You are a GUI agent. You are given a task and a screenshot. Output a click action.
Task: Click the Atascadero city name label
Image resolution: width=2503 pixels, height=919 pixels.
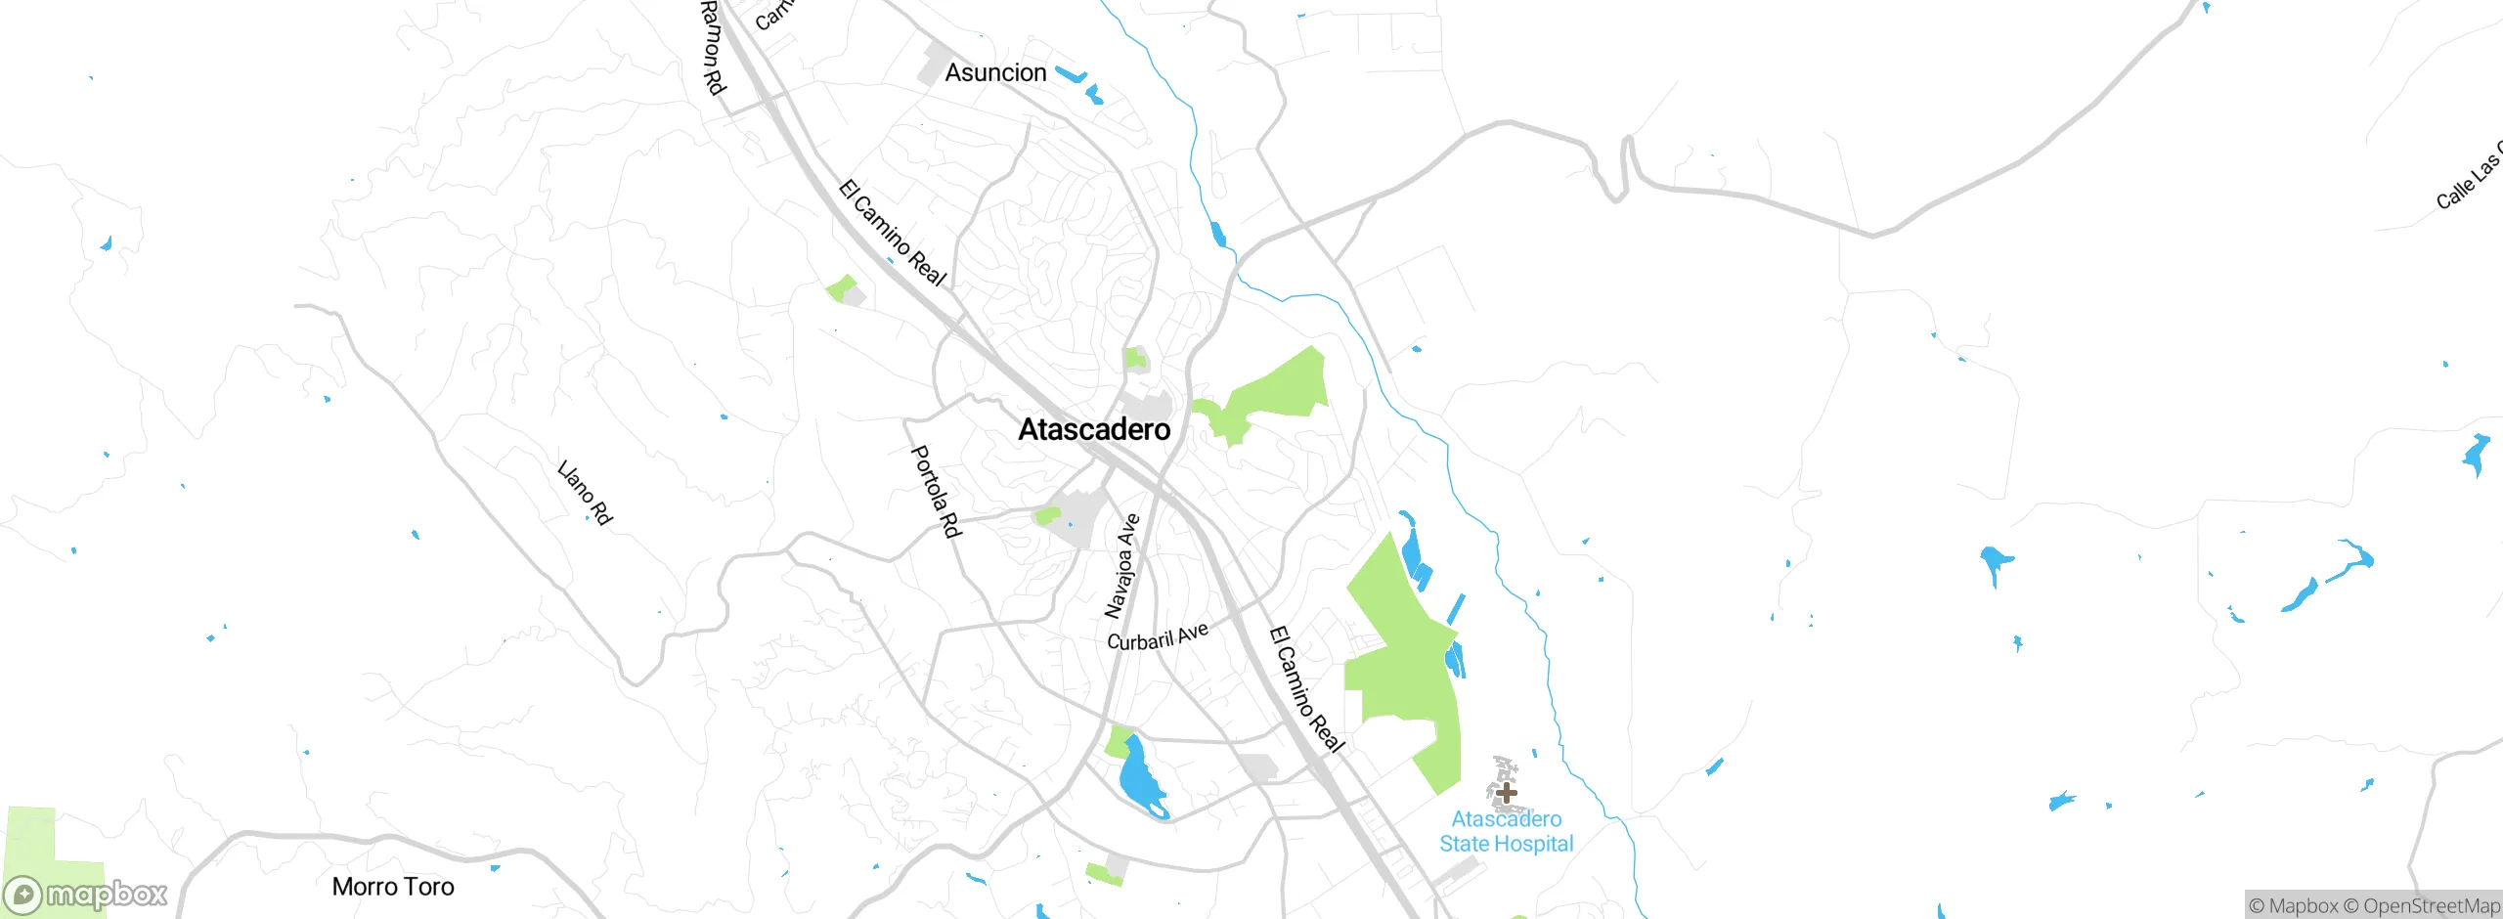tap(1094, 429)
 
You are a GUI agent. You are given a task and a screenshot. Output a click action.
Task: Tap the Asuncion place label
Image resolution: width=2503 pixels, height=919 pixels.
tap(995, 72)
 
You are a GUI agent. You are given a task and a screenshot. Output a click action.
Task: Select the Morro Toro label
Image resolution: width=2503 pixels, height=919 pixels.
tap(393, 887)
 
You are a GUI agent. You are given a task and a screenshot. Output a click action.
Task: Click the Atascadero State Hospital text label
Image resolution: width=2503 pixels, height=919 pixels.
tap(1506, 832)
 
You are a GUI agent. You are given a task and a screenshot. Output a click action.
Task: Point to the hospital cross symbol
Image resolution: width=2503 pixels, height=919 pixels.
tap(1507, 792)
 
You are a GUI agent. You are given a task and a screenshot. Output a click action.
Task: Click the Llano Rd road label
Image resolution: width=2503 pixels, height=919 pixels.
tap(585, 493)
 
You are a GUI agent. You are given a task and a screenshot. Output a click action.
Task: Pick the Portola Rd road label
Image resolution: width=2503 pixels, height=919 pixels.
tap(936, 492)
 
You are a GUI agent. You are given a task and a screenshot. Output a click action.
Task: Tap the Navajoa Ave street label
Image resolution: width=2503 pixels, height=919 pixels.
tap(1121, 566)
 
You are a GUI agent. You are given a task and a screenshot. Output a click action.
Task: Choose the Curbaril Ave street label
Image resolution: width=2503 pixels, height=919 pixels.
tap(1158, 636)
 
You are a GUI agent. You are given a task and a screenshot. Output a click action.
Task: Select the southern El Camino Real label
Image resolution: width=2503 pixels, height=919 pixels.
tap(1306, 690)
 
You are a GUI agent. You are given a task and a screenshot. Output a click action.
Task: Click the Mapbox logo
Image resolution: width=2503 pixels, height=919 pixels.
tap(85, 895)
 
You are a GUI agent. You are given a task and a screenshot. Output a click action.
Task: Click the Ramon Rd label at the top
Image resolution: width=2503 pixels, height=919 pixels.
tap(714, 47)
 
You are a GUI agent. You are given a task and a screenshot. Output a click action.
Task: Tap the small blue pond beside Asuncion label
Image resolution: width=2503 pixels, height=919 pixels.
tap(1073, 75)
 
